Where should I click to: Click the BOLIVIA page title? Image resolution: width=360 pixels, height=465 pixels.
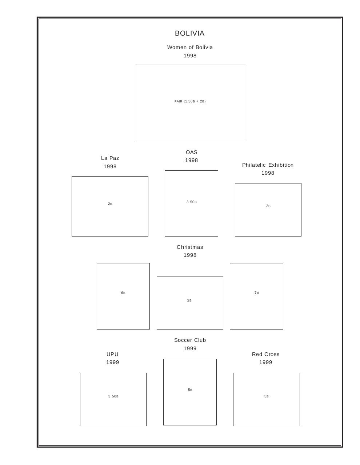click(x=190, y=33)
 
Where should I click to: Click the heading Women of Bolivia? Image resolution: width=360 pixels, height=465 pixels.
click(x=190, y=47)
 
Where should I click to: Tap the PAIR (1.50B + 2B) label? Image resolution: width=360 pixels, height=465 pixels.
click(x=190, y=101)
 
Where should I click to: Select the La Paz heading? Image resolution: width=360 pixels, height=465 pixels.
click(x=110, y=158)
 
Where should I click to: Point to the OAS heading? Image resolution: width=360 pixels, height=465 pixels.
click(x=192, y=152)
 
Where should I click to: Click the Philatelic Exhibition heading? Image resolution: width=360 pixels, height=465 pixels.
click(x=268, y=165)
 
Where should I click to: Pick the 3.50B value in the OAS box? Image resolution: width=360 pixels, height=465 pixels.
click(x=192, y=202)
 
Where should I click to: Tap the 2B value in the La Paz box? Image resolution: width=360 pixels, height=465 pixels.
click(x=110, y=204)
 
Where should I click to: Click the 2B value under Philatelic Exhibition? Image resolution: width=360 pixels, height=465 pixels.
click(x=268, y=206)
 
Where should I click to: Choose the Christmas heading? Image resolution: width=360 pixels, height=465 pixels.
click(x=190, y=247)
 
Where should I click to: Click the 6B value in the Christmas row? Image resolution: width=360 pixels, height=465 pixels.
click(x=123, y=293)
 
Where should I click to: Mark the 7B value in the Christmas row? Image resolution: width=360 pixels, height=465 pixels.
click(x=257, y=293)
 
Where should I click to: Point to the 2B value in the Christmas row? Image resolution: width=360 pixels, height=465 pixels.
click(x=189, y=300)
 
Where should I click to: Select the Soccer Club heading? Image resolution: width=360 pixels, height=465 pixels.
click(x=190, y=340)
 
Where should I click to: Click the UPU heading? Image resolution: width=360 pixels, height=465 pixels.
click(x=113, y=354)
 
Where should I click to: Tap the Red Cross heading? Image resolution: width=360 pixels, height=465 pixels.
click(x=266, y=354)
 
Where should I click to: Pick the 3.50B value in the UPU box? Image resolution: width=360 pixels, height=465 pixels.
click(x=113, y=396)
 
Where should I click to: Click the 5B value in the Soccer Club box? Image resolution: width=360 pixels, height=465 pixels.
click(x=190, y=390)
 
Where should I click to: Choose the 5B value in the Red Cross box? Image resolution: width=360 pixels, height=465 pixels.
click(x=267, y=396)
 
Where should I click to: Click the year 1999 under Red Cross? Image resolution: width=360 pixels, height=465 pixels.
click(x=266, y=362)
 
